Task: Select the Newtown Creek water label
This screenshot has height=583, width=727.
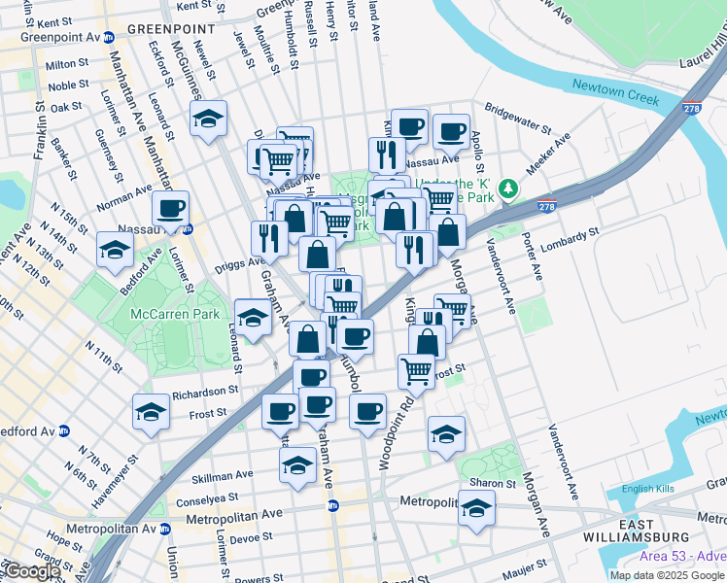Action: tap(615, 86)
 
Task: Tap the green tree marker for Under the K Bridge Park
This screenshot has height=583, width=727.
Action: tap(506, 188)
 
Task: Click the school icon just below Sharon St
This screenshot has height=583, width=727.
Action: tap(476, 508)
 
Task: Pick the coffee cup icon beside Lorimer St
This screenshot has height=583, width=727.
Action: tap(170, 208)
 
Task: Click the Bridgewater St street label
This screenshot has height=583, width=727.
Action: tap(517, 116)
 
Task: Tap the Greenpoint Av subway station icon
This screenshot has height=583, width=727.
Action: tap(109, 37)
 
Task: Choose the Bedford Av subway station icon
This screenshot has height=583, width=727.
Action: tap(64, 430)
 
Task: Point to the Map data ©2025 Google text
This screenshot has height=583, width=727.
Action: tap(667, 575)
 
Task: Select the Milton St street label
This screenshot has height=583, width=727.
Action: tap(66, 65)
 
